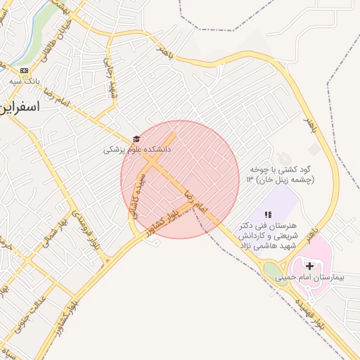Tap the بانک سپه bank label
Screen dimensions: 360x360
tap(25, 82)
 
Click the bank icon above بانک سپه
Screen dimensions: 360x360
tap(25, 70)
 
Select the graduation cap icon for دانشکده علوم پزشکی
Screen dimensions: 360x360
tap(135, 139)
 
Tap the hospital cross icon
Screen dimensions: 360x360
tap(309, 266)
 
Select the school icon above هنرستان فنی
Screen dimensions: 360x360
tap(267, 214)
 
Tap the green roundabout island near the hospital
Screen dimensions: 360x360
tap(272, 271)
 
